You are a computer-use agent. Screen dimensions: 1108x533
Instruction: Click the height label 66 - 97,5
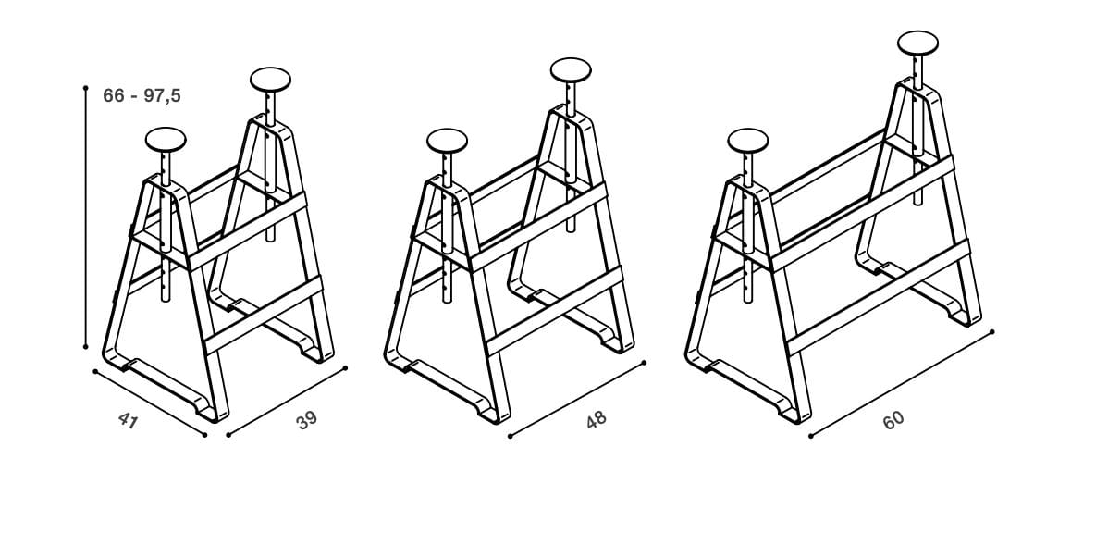click(x=142, y=95)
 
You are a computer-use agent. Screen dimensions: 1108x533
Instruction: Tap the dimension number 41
click(x=128, y=420)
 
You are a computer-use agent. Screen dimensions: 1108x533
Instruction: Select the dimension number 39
click(x=307, y=421)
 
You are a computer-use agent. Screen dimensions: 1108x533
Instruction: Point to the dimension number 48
click(x=597, y=420)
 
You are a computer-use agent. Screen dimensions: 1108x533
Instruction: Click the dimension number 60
click(x=893, y=421)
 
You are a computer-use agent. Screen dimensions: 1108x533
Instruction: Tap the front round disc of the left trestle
click(x=166, y=139)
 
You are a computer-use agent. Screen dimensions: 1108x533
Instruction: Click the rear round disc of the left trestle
click(x=271, y=80)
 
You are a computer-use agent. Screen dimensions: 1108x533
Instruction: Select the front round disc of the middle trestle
click(x=447, y=141)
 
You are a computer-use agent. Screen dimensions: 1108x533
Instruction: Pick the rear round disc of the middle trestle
click(x=571, y=70)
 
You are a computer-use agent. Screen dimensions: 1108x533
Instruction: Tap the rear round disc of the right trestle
click(x=917, y=43)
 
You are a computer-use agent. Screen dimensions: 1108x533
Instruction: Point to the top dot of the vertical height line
click(x=85, y=88)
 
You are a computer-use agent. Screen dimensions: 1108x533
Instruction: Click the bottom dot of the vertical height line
click(x=85, y=346)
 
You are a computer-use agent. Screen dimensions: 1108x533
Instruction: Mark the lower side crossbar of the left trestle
click(x=264, y=313)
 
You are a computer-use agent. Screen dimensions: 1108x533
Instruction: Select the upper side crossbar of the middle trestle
click(x=538, y=225)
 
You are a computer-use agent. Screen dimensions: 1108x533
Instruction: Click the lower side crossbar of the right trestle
click(x=879, y=296)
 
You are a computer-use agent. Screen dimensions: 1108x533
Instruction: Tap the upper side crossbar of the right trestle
click(x=862, y=212)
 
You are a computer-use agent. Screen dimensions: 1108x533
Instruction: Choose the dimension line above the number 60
click(x=901, y=383)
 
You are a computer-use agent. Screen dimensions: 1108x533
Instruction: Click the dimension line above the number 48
click(x=576, y=399)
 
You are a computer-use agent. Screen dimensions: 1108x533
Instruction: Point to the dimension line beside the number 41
click(x=150, y=403)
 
